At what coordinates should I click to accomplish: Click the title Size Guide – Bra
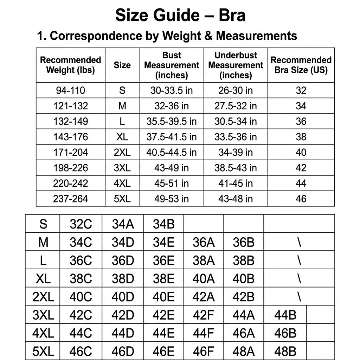tap(180, 16)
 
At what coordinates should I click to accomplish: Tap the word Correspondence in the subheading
tap(88, 36)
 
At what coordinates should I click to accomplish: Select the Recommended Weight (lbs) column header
tap(70, 65)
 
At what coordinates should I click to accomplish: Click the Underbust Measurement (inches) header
tap(236, 65)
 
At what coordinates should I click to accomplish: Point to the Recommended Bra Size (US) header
tap(301, 65)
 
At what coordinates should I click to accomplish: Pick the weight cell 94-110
tap(70, 91)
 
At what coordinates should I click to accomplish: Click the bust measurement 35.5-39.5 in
tap(172, 122)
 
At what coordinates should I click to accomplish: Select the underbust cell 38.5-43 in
tap(236, 168)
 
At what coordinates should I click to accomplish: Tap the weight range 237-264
tap(70, 199)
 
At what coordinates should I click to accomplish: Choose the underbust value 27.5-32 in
tap(236, 106)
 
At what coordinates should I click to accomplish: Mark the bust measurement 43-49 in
tap(172, 168)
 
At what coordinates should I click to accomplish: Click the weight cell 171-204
tap(70, 153)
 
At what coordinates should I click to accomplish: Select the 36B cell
tap(243, 243)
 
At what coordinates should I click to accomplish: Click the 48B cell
tap(285, 351)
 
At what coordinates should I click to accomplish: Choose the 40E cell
tap(163, 297)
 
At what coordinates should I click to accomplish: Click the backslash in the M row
tap(299, 243)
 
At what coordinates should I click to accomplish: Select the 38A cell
tap(204, 261)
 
